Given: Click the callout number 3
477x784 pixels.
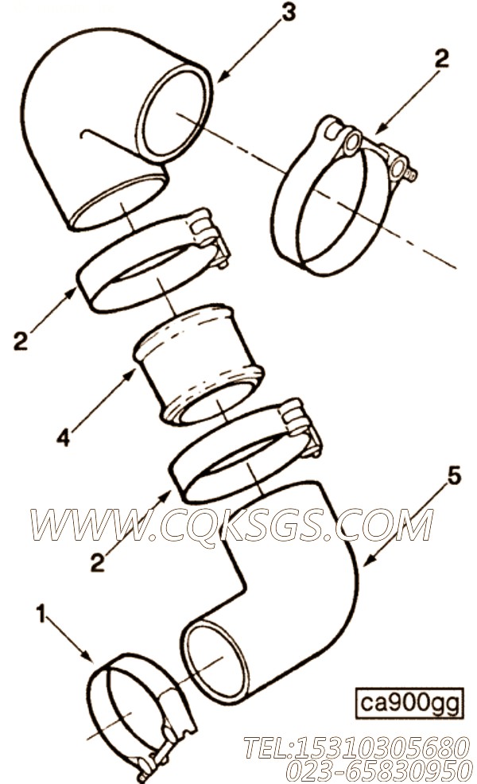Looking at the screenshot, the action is click(x=289, y=12).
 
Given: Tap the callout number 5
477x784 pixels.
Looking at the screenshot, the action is click(x=453, y=476).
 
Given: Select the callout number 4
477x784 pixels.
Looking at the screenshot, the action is click(x=63, y=437).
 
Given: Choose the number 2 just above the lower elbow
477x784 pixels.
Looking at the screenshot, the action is click(x=98, y=563).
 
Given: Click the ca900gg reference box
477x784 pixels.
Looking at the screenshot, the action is click(x=409, y=704).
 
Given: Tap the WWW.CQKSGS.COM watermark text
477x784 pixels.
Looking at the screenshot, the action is click(x=231, y=525).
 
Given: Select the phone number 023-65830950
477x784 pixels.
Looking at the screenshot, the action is click(x=378, y=770).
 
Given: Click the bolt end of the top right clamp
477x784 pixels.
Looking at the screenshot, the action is click(x=411, y=173).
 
